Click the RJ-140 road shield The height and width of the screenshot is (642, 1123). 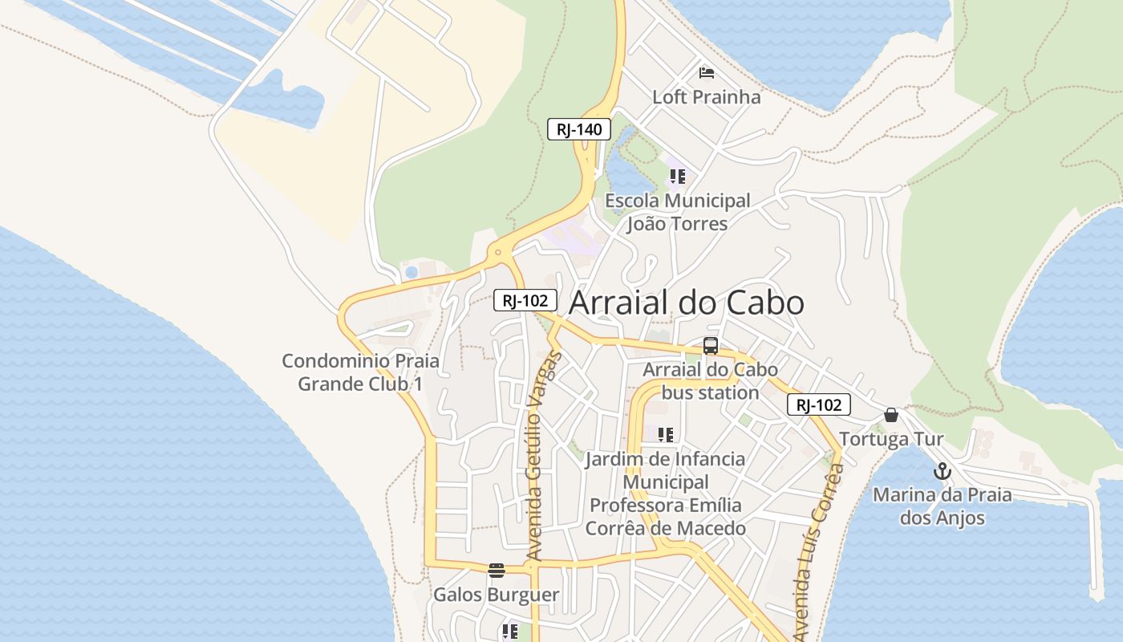pos(579,129)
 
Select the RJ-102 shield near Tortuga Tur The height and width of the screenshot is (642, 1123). pos(818,404)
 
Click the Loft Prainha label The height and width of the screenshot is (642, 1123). pos(706,97)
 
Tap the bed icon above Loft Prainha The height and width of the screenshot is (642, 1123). pos(706,74)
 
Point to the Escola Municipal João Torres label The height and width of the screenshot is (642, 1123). pos(677,212)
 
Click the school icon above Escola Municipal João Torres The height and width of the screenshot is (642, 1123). pos(677,177)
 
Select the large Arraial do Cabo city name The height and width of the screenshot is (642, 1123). pos(686,303)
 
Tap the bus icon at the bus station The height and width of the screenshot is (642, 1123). pos(710,346)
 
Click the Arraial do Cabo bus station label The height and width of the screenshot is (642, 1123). pos(710,381)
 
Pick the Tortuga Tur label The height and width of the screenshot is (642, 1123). pos(890,439)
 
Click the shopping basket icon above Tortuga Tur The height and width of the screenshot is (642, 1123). pos(890,415)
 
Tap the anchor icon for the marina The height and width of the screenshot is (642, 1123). pos(942,471)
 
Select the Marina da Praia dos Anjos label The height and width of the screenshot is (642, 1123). pos(942,506)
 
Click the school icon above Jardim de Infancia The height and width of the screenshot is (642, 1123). pos(665,435)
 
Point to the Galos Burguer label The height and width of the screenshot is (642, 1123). pos(496,595)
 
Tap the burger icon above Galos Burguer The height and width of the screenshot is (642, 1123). pos(496,571)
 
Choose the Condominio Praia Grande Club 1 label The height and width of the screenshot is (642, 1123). pos(360,372)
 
